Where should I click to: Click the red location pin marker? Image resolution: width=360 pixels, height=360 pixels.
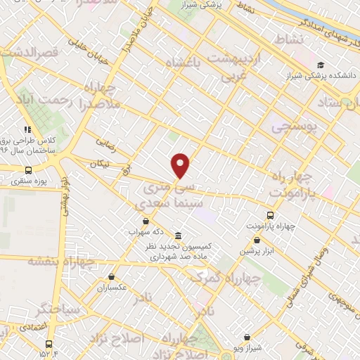pyautogui.click(x=181, y=166)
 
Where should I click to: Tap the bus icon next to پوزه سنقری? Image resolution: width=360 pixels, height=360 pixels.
pyautogui.click(x=28, y=170)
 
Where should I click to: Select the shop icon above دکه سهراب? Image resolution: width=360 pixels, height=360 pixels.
pyautogui.click(x=146, y=221)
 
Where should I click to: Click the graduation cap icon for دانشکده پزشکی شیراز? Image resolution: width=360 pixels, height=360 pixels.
pyautogui.click(x=321, y=65)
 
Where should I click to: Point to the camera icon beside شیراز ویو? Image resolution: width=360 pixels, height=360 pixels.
pyautogui.click(x=245, y=337)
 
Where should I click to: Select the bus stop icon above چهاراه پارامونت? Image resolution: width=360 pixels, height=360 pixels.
pyautogui.click(x=271, y=215)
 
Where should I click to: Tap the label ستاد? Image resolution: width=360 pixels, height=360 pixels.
pyautogui.click(x=343, y=104)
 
